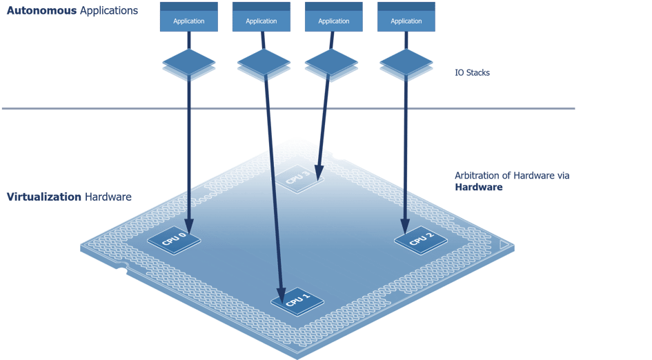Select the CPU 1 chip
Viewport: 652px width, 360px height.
(296, 300)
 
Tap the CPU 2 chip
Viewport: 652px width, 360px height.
(420, 240)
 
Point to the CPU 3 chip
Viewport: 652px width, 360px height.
(297, 179)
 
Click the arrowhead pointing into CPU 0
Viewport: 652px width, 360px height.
(189, 226)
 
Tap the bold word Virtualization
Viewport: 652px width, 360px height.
(43, 197)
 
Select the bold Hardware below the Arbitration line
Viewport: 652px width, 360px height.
(478, 187)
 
